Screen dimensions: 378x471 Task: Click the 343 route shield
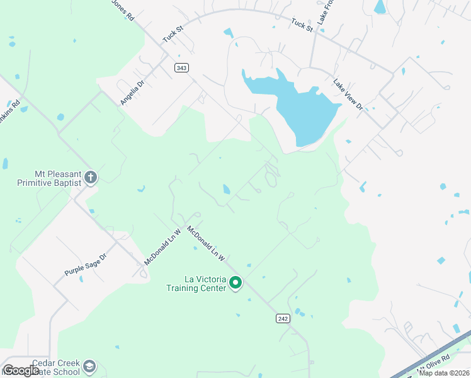point(181,67)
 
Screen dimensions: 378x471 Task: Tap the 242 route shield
point(283,319)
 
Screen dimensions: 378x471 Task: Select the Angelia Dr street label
point(132,92)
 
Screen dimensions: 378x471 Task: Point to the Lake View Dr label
point(348,94)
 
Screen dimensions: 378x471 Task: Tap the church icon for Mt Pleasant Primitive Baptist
point(91,177)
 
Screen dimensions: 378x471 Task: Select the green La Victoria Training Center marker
point(235,283)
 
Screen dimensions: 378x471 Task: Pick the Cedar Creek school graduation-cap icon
point(90,366)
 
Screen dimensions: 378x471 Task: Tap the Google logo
point(21,370)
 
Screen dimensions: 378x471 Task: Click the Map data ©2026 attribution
point(445,373)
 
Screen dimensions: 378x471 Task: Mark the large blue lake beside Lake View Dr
point(302,107)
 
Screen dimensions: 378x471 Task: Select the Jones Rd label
point(123,10)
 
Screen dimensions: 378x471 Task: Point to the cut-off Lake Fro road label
point(322,12)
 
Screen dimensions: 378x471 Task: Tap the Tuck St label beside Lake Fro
point(302,24)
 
